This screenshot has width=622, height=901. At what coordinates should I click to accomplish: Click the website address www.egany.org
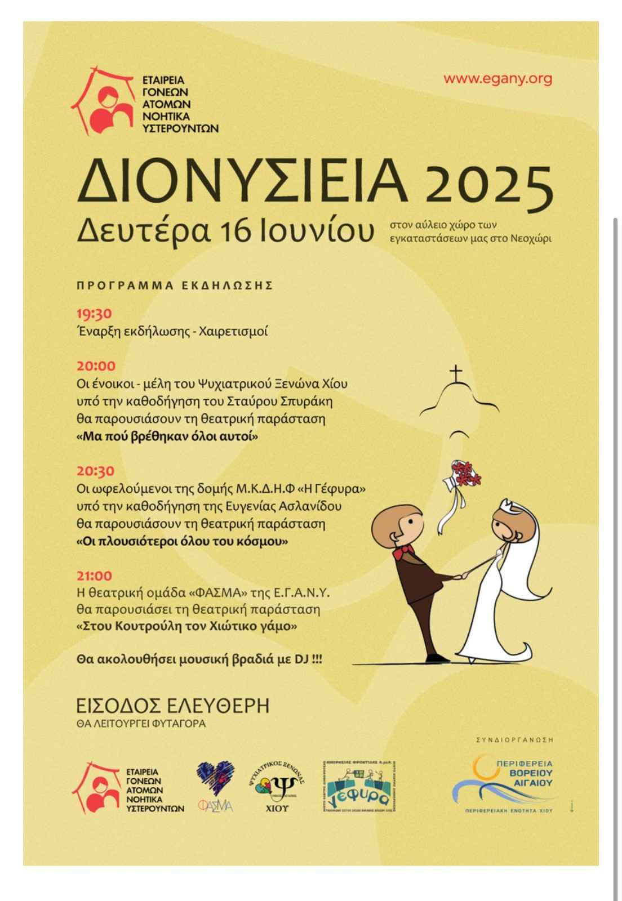pos(497,79)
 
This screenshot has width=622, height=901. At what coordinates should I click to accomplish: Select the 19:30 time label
pos(94,314)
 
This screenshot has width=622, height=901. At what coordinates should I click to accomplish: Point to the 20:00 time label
pos(96,366)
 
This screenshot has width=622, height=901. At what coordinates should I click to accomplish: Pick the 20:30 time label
pos(95,471)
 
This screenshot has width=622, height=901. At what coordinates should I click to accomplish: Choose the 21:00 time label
pos(94,576)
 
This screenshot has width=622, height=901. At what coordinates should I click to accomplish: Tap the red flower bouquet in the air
pos(465,473)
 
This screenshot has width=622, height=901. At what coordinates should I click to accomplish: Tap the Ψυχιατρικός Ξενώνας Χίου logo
pos(276,786)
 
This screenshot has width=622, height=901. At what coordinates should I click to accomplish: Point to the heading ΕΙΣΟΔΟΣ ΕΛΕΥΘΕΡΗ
pos(172,706)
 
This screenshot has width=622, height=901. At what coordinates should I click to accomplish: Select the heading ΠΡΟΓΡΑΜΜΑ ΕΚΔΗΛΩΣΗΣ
pos(175,286)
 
